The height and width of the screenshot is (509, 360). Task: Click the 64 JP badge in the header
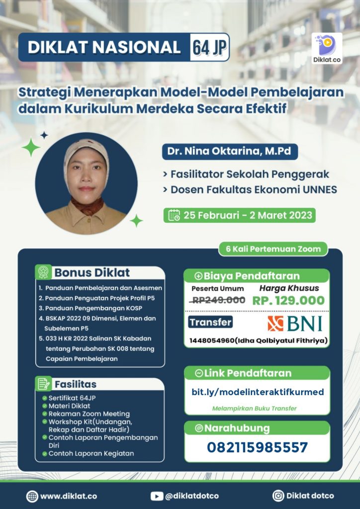point(209,47)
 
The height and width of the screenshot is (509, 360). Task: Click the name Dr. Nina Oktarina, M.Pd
point(229,152)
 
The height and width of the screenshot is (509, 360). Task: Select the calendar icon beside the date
point(174,215)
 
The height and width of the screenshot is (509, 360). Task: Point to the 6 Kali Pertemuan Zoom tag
point(273,249)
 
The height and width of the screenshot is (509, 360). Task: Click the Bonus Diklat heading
point(92,272)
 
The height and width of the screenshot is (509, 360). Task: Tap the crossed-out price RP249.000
point(218,300)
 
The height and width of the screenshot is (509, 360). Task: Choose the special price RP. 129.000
point(288,300)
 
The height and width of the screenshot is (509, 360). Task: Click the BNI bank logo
point(295,323)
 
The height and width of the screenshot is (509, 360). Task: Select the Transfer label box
point(211,322)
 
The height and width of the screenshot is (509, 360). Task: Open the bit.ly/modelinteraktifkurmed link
point(258,392)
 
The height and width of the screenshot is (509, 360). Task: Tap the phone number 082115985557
point(257,447)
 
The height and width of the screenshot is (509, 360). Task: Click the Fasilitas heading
point(76,384)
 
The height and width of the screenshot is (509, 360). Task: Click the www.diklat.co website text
point(68,496)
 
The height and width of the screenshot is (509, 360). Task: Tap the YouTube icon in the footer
point(157,496)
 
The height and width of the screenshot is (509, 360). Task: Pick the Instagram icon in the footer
point(278,496)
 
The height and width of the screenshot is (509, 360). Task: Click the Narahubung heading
point(237,428)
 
